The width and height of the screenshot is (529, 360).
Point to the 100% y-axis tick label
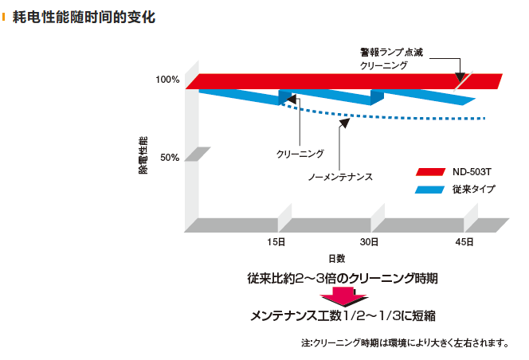(x=167, y=80)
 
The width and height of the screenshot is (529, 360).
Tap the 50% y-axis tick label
(x=170, y=158)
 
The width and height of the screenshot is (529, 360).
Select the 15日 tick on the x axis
(x=276, y=241)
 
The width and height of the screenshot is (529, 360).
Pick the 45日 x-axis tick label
(x=465, y=241)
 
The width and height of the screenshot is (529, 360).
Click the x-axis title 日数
(x=336, y=258)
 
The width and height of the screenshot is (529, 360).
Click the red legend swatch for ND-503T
(x=429, y=171)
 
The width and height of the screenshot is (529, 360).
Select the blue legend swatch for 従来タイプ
(x=429, y=190)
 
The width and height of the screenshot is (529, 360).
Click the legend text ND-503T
(x=468, y=171)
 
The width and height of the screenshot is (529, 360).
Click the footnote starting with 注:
(x=405, y=343)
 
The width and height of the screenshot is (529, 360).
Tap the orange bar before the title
(x=5, y=17)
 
